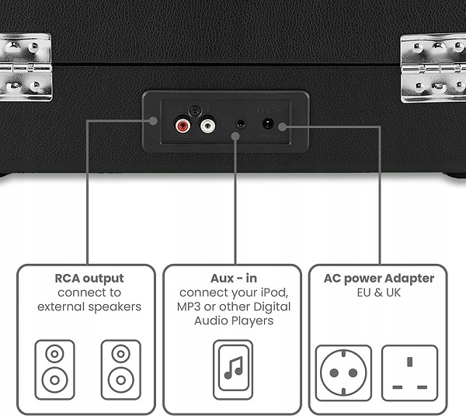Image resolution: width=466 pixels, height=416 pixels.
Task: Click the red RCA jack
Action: (183, 124)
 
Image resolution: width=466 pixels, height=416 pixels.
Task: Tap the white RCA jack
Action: (207, 124)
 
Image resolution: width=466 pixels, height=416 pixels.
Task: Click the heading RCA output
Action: (89, 278)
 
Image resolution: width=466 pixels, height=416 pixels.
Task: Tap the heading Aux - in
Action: (232, 278)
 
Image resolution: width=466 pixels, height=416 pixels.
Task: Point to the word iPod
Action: (272, 293)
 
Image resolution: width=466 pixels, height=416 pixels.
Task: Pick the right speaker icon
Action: (120, 367)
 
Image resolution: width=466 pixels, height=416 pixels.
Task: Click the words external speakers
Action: (89, 307)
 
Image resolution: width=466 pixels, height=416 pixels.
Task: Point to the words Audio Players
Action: (232, 321)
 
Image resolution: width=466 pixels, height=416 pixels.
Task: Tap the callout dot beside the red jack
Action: (155, 123)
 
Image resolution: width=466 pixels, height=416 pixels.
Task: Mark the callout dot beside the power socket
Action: (284, 126)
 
